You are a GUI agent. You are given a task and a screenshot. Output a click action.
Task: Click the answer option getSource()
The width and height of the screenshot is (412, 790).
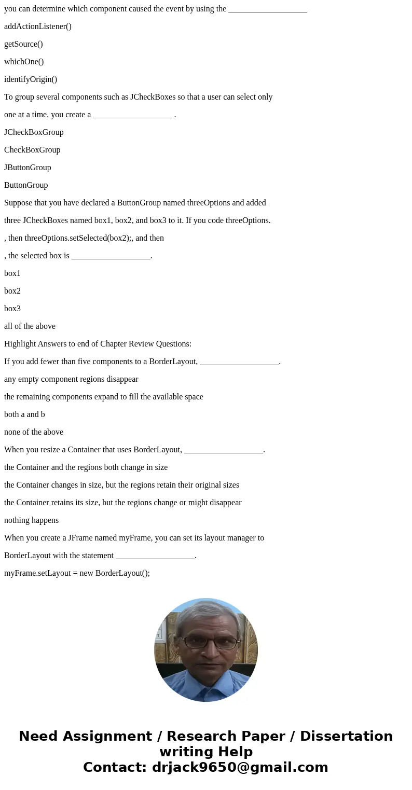(x=23, y=44)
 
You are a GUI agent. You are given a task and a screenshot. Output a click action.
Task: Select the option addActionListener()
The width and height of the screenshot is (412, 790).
(x=38, y=26)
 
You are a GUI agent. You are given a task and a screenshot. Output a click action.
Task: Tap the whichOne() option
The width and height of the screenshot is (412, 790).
(x=24, y=62)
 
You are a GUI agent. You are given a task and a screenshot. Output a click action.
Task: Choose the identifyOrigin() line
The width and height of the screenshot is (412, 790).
(x=31, y=79)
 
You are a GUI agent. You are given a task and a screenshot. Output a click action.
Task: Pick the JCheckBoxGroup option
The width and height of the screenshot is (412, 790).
(x=34, y=132)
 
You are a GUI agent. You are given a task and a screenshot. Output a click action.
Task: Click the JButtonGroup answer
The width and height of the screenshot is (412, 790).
(x=28, y=168)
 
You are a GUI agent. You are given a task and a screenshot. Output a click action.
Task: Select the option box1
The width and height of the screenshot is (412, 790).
(x=12, y=273)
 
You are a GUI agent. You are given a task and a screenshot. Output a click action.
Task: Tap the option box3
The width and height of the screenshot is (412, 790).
(x=12, y=309)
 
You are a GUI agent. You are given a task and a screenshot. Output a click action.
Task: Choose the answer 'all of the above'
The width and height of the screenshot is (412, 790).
(x=30, y=326)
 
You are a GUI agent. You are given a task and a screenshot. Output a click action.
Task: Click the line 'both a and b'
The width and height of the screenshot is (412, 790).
(x=24, y=414)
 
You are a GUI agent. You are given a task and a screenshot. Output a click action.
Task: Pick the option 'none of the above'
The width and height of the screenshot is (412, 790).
(x=34, y=432)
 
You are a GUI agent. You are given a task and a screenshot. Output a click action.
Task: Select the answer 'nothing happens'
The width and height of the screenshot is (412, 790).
(x=31, y=520)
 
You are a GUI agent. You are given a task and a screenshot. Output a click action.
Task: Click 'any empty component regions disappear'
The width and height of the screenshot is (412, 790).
(x=71, y=379)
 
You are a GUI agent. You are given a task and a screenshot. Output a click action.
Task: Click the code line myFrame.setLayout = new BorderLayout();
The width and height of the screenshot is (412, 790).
(x=77, y=573)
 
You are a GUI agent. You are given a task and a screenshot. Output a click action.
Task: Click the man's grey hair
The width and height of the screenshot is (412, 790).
(x=206, y=615)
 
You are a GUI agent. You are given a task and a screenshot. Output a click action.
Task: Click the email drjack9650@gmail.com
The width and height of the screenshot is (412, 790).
(x=240, y=767)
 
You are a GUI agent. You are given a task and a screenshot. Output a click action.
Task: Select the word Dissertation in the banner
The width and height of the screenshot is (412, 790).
(x=346, y=736)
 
